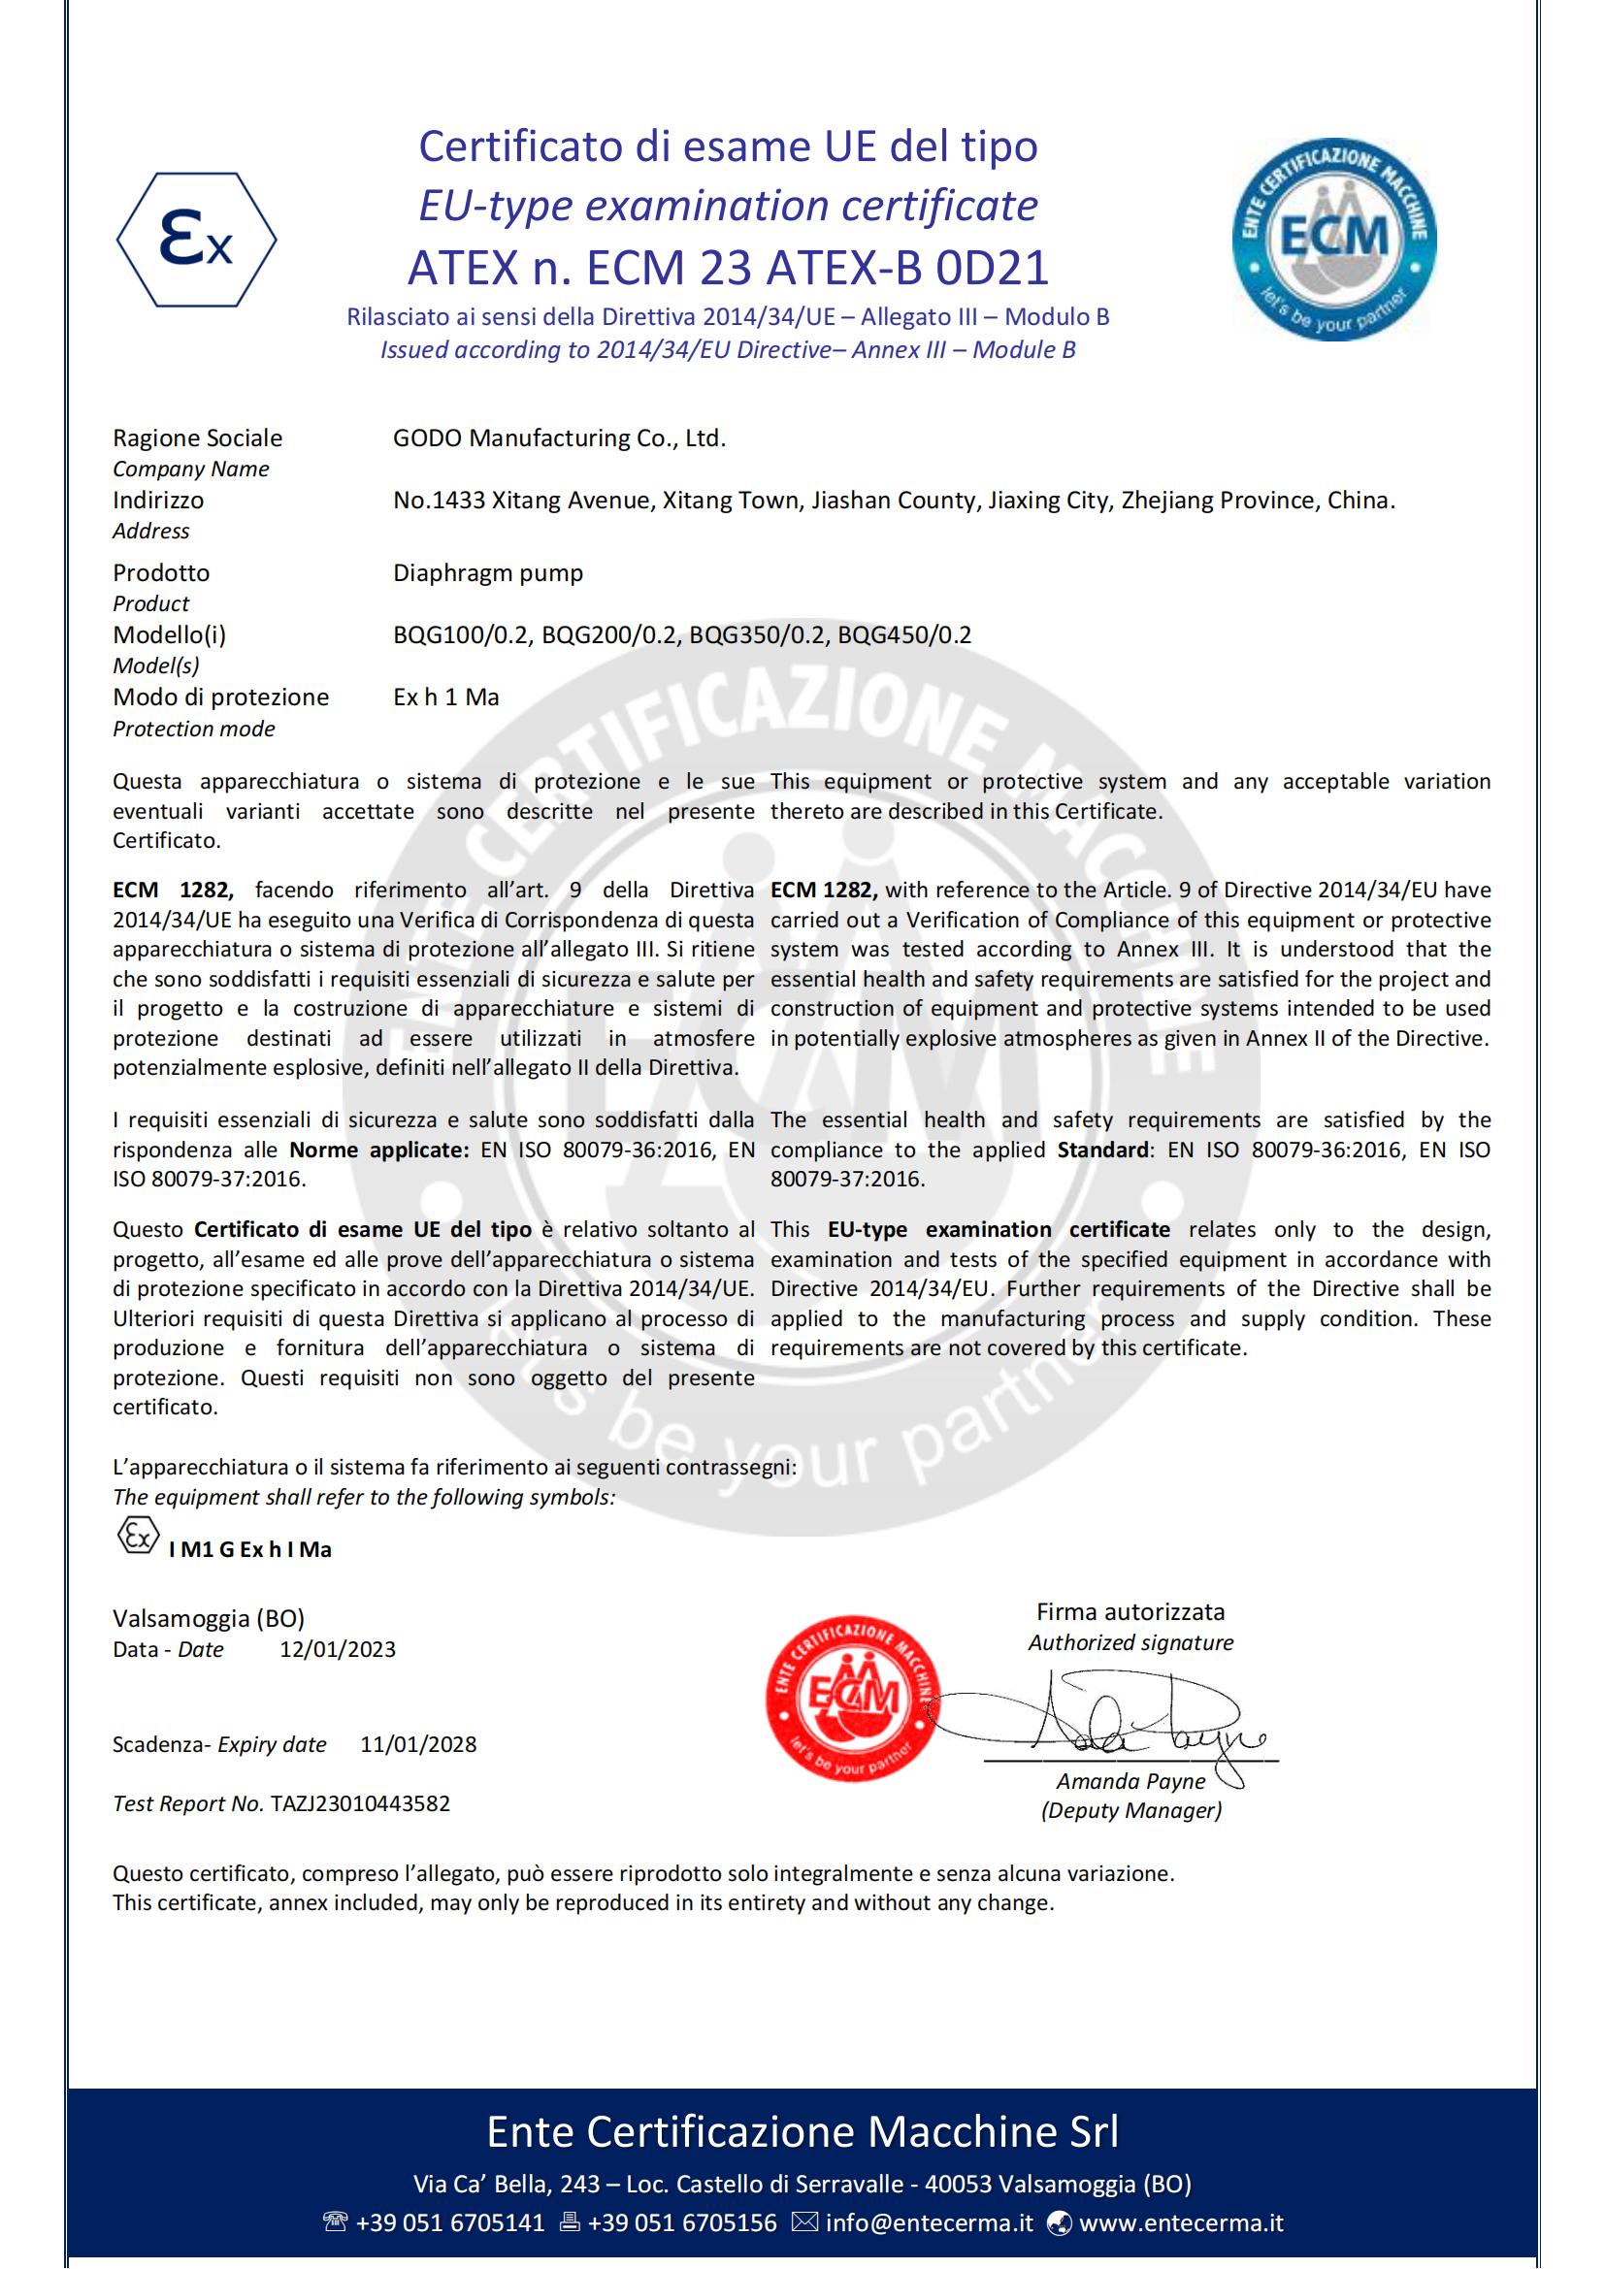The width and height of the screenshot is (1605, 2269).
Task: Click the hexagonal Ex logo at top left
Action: tap(197, 240)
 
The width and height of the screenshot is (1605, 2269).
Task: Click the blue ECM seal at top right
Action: tap(1333, 240)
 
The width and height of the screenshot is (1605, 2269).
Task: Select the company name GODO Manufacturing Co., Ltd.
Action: tap(559, 438)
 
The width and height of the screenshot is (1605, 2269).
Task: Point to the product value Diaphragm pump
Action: tap(488, 573)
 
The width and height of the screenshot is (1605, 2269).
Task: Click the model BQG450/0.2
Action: tap(904, 635)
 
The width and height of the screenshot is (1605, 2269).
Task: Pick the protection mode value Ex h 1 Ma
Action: tap(445, 697)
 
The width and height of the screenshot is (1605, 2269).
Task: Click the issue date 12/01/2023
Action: tap(337, 1649)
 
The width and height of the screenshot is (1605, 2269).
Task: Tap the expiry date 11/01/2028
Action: tap(418, 1744)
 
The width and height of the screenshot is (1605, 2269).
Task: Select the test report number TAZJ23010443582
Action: tap(360, 1803)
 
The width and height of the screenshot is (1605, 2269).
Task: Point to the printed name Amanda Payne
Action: tap(1130, 1781)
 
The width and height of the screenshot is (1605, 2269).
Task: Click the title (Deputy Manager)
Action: tap(1130, 1810)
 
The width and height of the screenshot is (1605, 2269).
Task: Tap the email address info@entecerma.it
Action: tap(929, 2222)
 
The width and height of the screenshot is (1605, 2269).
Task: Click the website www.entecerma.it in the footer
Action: tap(1181, 2222)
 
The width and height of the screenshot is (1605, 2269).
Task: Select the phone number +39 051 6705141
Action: tap(449, 2222)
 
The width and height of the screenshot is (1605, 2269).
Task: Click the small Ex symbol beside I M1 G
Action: tap(138, 1536)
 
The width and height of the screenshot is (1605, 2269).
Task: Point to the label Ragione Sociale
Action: tap(198, 438)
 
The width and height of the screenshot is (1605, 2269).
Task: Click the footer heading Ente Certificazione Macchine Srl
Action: tap(802, 2131)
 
